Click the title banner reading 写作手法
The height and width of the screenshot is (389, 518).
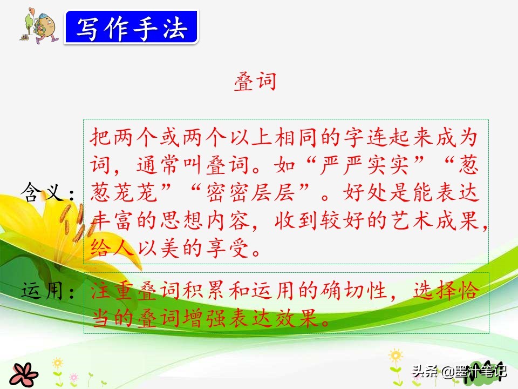point(131,26)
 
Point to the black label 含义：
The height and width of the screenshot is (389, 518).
point(49,191)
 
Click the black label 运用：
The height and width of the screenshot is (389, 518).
point(49,291)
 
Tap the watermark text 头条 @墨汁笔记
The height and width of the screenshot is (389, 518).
point(459,372)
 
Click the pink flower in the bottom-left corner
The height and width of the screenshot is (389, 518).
point(24,372)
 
